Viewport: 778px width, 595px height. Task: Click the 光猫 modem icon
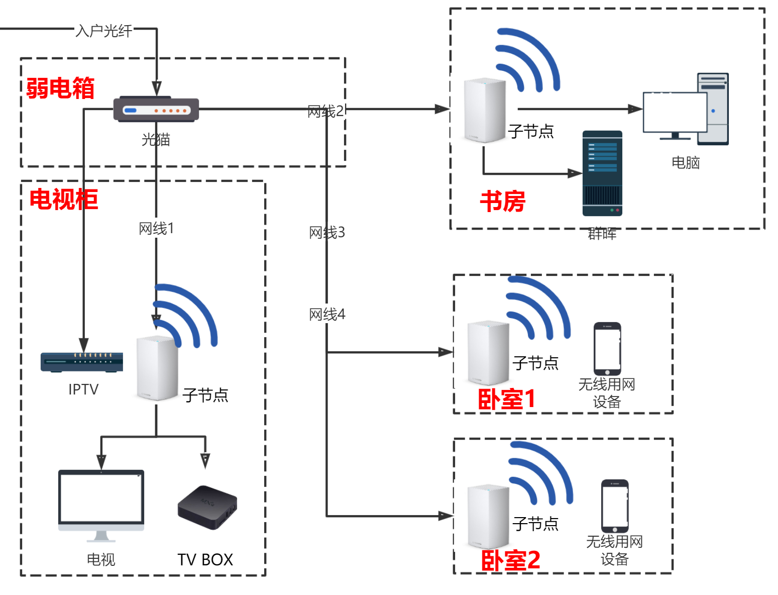click(x=156, y=110)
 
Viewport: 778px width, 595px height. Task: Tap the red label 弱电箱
click(x=60, y=88)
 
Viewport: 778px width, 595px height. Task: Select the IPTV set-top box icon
click(x=82, y=362)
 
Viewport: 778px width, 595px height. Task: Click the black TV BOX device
click(x=207, y=507)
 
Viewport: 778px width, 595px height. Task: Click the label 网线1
click(x=156, y=229)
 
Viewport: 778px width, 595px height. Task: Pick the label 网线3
click(x=327, y=233)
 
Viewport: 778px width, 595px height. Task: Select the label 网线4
click(x=327, y=315)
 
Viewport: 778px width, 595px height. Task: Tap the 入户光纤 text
click(x=104, y=31)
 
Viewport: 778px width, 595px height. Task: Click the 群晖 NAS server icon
click(x=602, y=173)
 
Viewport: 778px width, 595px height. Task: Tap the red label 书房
click(x=502, y=201)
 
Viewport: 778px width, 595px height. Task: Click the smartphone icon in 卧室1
click(x=607, y=349)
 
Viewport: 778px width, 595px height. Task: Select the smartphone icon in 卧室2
click(x=615, y=506)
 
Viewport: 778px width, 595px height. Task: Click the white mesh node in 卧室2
click(x=488, y=517)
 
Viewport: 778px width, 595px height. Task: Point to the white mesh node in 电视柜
click(x=157, y=368)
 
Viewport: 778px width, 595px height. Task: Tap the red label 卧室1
click(x=506, y=400)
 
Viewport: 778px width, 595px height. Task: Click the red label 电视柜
click(x=64, y=199)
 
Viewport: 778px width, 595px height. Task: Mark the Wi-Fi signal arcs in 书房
click(x=528, y=60)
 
